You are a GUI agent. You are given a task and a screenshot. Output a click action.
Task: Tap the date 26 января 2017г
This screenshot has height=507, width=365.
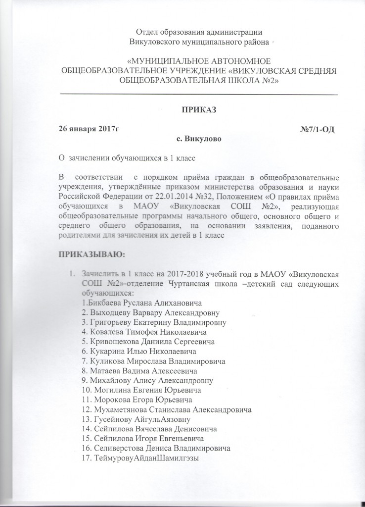coord(89,130)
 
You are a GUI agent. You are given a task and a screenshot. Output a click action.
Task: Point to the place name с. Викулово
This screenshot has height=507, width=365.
coord(198,139)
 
